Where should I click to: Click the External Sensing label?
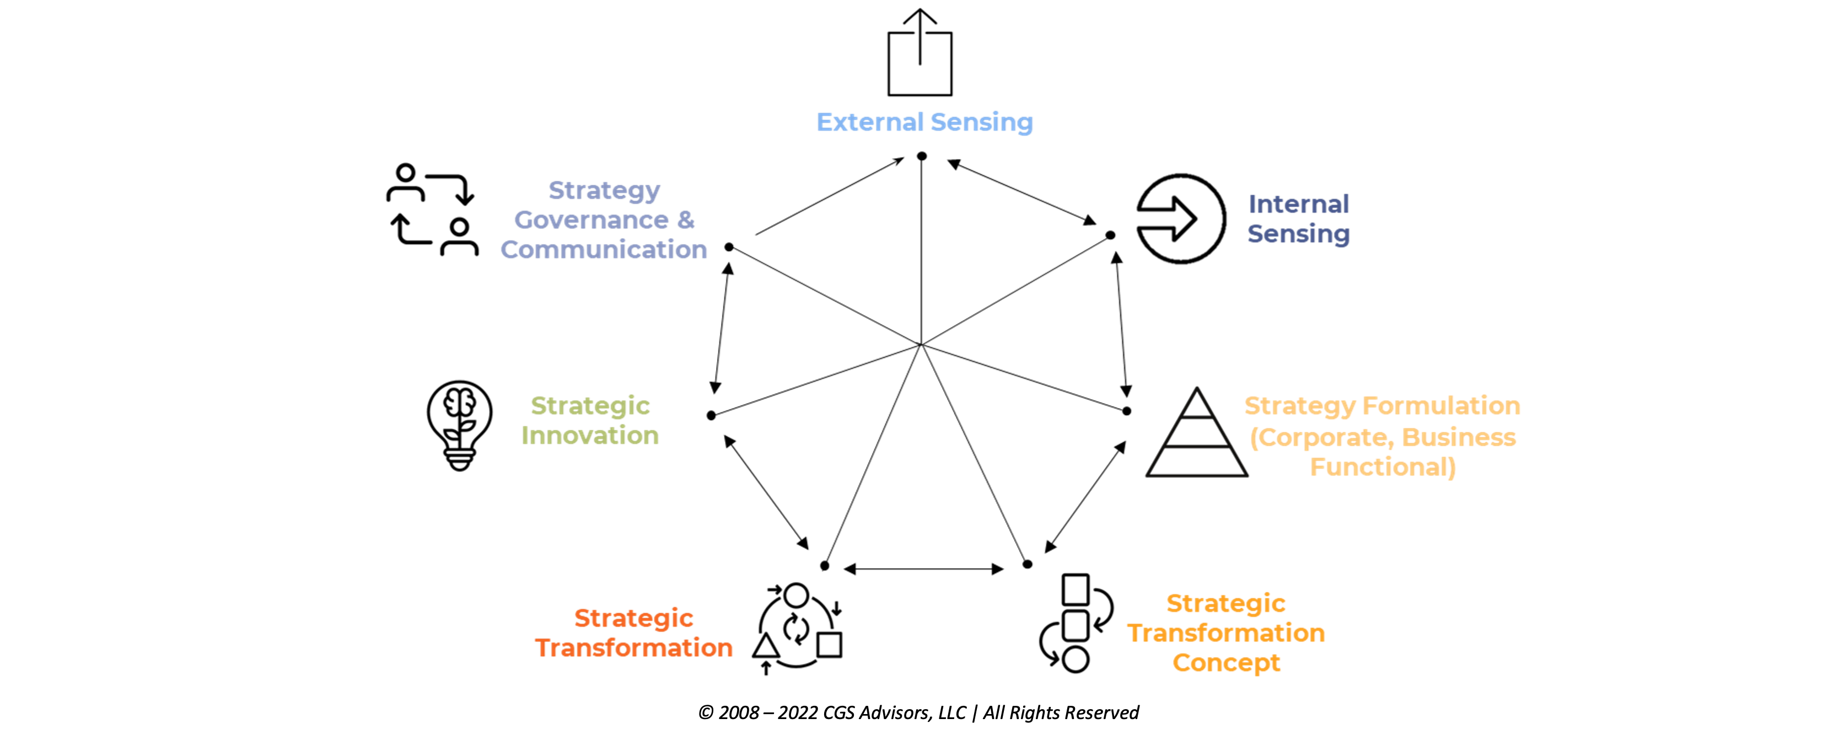pos(924,122)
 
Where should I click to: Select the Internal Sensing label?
pos(1299,218)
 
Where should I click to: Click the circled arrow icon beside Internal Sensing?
pos(1181,218)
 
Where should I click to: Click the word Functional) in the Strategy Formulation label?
pos(1383,466)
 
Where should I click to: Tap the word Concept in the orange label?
pos(1227,663)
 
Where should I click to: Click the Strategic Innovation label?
pos(590,420)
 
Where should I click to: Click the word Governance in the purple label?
pos(592,220)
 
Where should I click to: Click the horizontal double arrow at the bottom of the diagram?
pos(924,569)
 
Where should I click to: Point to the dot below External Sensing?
pos(922,155)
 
